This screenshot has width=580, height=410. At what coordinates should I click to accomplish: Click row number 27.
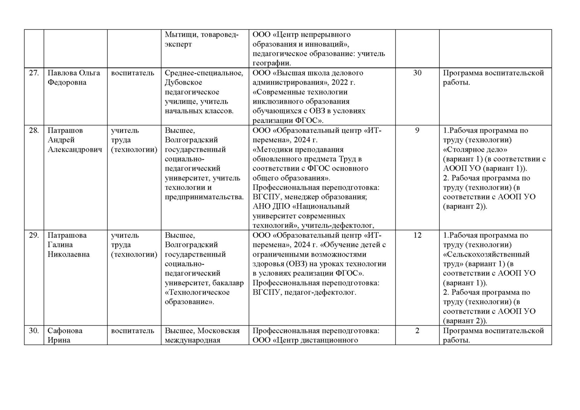34,73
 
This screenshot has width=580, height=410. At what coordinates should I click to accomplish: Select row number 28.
34,131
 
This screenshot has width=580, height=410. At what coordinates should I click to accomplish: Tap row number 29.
34,235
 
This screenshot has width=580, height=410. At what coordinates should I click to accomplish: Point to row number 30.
34,331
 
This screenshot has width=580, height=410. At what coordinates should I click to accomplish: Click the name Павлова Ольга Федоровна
73,78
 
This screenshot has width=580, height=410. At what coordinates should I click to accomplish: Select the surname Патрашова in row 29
67,235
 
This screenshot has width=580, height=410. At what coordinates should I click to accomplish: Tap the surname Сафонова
65,331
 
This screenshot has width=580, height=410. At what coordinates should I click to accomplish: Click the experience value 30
417,73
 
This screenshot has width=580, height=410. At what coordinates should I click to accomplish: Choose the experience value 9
417,131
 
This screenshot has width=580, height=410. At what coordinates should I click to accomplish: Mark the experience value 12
417,235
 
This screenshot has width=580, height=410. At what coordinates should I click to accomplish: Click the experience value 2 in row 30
417,331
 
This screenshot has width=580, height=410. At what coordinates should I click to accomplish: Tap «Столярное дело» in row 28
475,150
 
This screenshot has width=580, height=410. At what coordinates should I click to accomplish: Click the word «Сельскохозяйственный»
486,254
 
